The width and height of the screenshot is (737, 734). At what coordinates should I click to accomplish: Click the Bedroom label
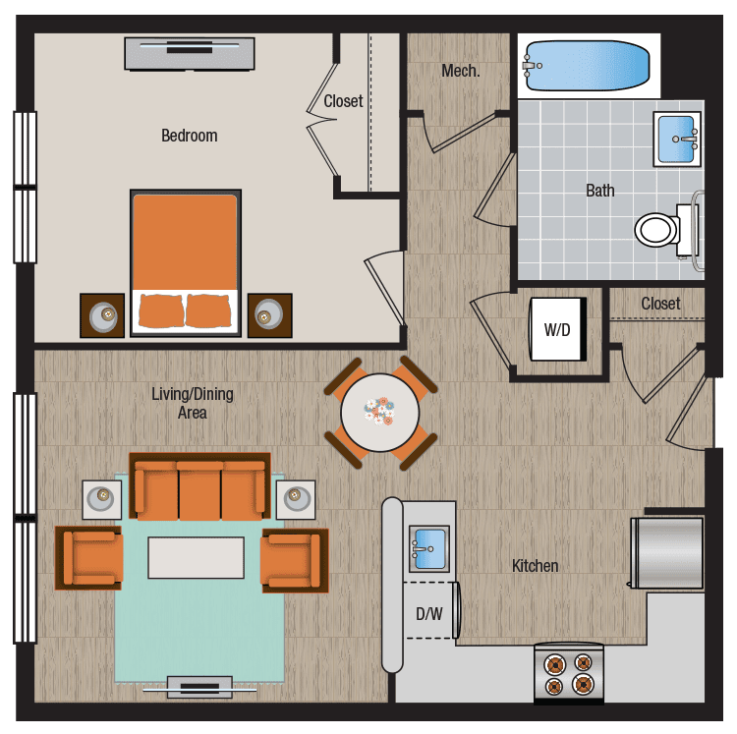point(189,136)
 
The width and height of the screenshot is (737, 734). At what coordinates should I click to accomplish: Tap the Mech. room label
point(460,71)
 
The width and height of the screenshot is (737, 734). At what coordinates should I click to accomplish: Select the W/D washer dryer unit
point(558,329)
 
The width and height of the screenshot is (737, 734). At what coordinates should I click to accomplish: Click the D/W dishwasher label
point(428,614)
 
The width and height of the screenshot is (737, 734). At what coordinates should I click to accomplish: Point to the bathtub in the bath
point(588,66)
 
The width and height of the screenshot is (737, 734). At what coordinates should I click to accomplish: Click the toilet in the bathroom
point(658,229)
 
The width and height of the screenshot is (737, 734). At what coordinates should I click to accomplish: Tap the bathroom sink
point(676,139)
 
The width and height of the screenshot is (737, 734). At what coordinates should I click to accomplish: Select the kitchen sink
point(428,546)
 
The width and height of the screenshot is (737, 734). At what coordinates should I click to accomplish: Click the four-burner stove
point(569,673)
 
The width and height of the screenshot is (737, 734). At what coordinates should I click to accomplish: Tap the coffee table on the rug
point(196,557)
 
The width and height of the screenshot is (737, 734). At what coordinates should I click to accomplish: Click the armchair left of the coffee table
point(90,558)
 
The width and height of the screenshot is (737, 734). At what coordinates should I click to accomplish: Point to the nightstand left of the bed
point(102,315)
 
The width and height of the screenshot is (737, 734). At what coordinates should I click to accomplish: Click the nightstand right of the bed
point(269,315)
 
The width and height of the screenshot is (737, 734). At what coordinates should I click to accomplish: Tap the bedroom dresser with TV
point(190,53)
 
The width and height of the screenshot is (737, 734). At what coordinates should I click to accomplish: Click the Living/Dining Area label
point(192,403)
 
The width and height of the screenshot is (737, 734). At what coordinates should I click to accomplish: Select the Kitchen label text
point(535,566)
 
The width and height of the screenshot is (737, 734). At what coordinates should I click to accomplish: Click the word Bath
point(599,191)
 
